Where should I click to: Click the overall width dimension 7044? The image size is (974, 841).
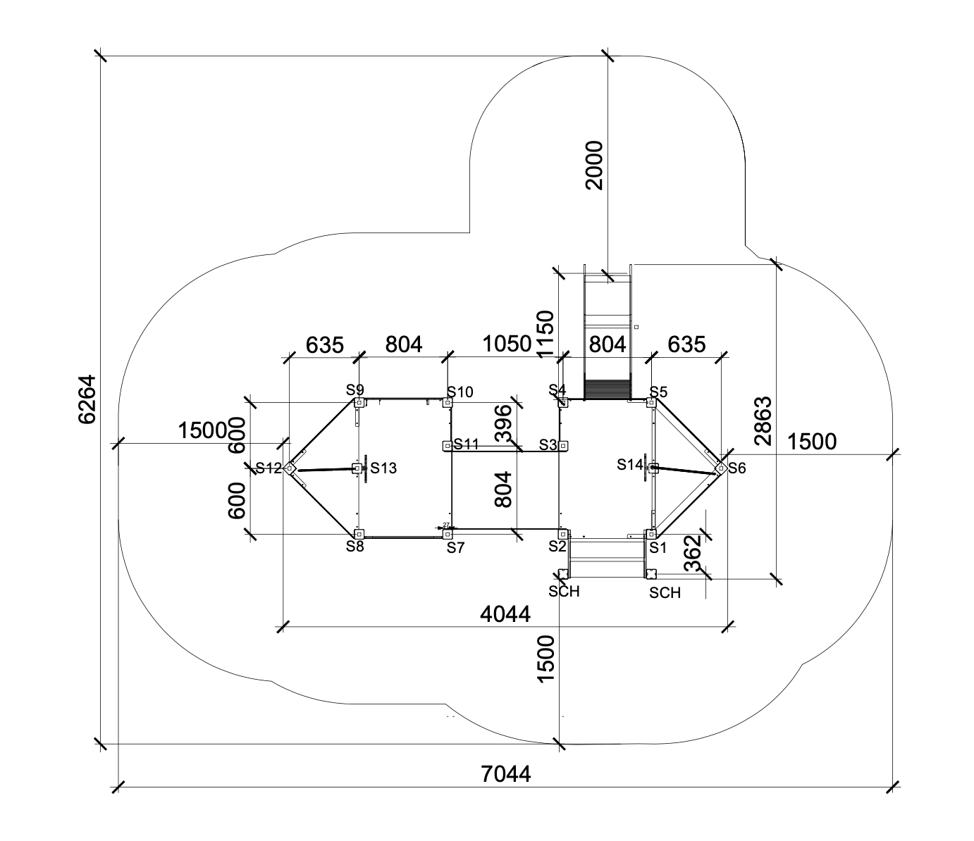[x=506, y=774]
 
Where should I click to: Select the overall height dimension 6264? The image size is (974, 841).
[x=87, y=399]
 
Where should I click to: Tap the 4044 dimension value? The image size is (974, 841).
[x=505, y=614]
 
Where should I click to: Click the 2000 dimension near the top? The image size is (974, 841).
[x=594, y=166]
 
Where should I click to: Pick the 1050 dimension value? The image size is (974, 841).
[x=506, y=344]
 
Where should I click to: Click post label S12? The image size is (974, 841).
[x=269, y=468]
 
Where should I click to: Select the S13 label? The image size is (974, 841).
[x=383, y=468]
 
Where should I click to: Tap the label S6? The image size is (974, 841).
[x=736, y=468]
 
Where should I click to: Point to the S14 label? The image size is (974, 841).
[x=630, y=464]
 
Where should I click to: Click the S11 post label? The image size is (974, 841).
[x=467, y=444]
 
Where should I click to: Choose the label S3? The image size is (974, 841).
[x=548, y=444]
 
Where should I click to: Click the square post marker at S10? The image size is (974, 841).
[x=447, y=403]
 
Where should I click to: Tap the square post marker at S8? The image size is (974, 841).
[x=359, y=535]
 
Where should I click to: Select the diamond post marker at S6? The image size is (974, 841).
[x=720, y=467]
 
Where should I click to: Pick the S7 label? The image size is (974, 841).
[x=456, y=547]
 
